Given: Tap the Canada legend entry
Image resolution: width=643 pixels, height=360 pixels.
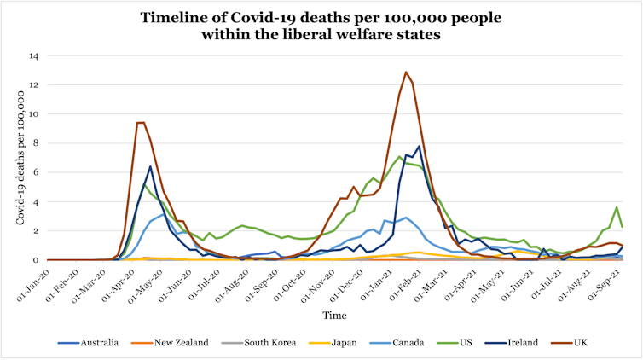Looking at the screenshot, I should pyautogui.click(x=409, y=342).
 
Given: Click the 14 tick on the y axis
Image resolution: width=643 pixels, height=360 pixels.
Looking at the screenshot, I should pyautogui.click(x=35, y=56).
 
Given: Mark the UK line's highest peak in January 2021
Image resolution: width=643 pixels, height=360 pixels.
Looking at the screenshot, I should pyautogui.click(x=406, y=72).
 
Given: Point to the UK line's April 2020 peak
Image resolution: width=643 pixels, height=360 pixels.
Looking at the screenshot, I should pyautogui.click(x=140, y=123).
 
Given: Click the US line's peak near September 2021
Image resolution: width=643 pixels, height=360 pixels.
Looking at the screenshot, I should pyautogui.click(x=617, y=207).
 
